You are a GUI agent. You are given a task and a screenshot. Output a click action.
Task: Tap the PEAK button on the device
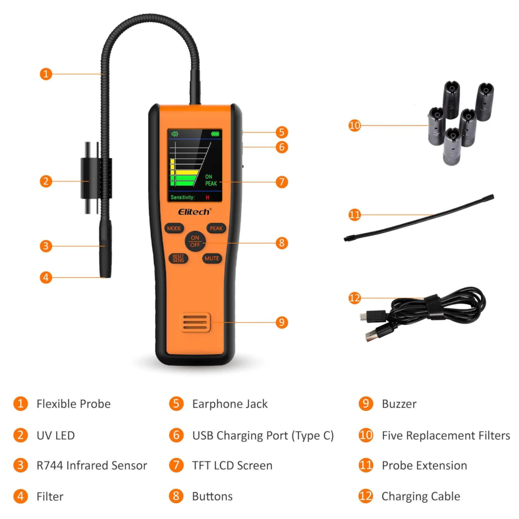[216, 228]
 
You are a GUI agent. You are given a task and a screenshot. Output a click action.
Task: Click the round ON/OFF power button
[195, 241]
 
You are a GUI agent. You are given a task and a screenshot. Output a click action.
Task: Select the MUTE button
[212, 258]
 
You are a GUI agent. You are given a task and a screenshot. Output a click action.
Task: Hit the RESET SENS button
[178, 258]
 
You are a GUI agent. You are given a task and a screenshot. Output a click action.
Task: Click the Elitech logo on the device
[195, 211]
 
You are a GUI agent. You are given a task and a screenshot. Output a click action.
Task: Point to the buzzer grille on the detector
[195, 322]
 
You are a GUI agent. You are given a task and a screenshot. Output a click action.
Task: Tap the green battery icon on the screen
[215, 134]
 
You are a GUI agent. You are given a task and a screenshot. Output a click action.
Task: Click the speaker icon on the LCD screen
[175, 134]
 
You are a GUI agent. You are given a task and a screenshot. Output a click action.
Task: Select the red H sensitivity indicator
[208, 198]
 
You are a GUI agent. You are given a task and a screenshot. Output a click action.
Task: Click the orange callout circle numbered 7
[281, 182]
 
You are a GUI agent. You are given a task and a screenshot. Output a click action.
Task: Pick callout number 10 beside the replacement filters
[355, 125]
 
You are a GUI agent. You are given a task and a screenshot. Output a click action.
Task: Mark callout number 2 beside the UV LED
[46, 181]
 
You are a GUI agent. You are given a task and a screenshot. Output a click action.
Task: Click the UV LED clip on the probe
[96, 178]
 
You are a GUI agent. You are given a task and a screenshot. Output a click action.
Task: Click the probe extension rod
[419, 218]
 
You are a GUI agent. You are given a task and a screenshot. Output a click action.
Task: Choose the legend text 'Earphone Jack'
[230, 404]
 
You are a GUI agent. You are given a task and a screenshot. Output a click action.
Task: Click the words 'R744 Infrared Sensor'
[92, 465]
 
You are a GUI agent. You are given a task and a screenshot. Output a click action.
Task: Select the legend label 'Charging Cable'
[421, 496]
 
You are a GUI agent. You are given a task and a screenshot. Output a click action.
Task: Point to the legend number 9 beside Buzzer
[366, 404]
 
